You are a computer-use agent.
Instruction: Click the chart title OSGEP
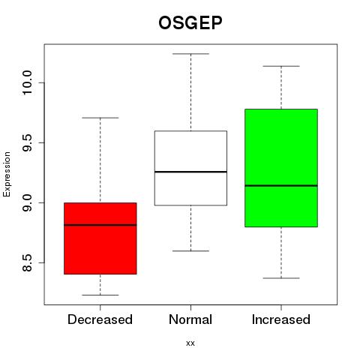click(x=190, y=22)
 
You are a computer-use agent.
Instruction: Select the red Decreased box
click(x=100, y=238)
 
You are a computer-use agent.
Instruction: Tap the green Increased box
click(x=281, y=168)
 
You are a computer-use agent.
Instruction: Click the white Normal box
click(x=190, y=168)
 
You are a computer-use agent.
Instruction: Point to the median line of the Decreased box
click(x=100, y=225)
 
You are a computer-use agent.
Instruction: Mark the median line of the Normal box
click(x=190, y=172)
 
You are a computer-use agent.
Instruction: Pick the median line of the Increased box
click(x=281, y=185)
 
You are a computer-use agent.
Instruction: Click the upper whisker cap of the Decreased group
click(x=100, y=118)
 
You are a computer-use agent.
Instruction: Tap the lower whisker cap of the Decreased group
click(x=100, y=295)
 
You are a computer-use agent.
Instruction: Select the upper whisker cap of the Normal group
click(x=190, y=54)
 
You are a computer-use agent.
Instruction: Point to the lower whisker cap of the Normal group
click(x=190, y=250)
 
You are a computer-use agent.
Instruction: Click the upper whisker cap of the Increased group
click(x=281, y=66)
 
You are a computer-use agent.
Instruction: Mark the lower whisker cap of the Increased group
click(x=281, y=278)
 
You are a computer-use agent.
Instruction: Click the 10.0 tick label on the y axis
click(x=27, y=82)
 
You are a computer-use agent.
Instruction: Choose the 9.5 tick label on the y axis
click(x=27, y=142)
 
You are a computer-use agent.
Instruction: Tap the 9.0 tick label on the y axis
click(x=27, y=202)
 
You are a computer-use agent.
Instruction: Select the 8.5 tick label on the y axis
click(x=27, y=262)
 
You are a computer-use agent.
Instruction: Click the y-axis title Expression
click(x=7, y=174)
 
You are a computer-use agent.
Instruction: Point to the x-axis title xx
click(x=190, y=343)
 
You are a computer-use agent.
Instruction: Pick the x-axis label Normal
click(x=190, y=319)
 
